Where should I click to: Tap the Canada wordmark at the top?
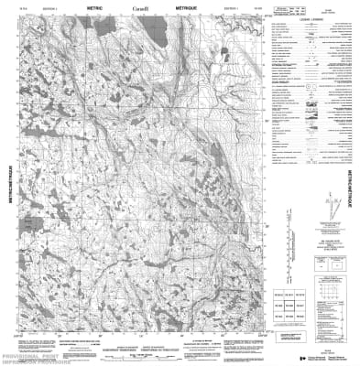point(138,8)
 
